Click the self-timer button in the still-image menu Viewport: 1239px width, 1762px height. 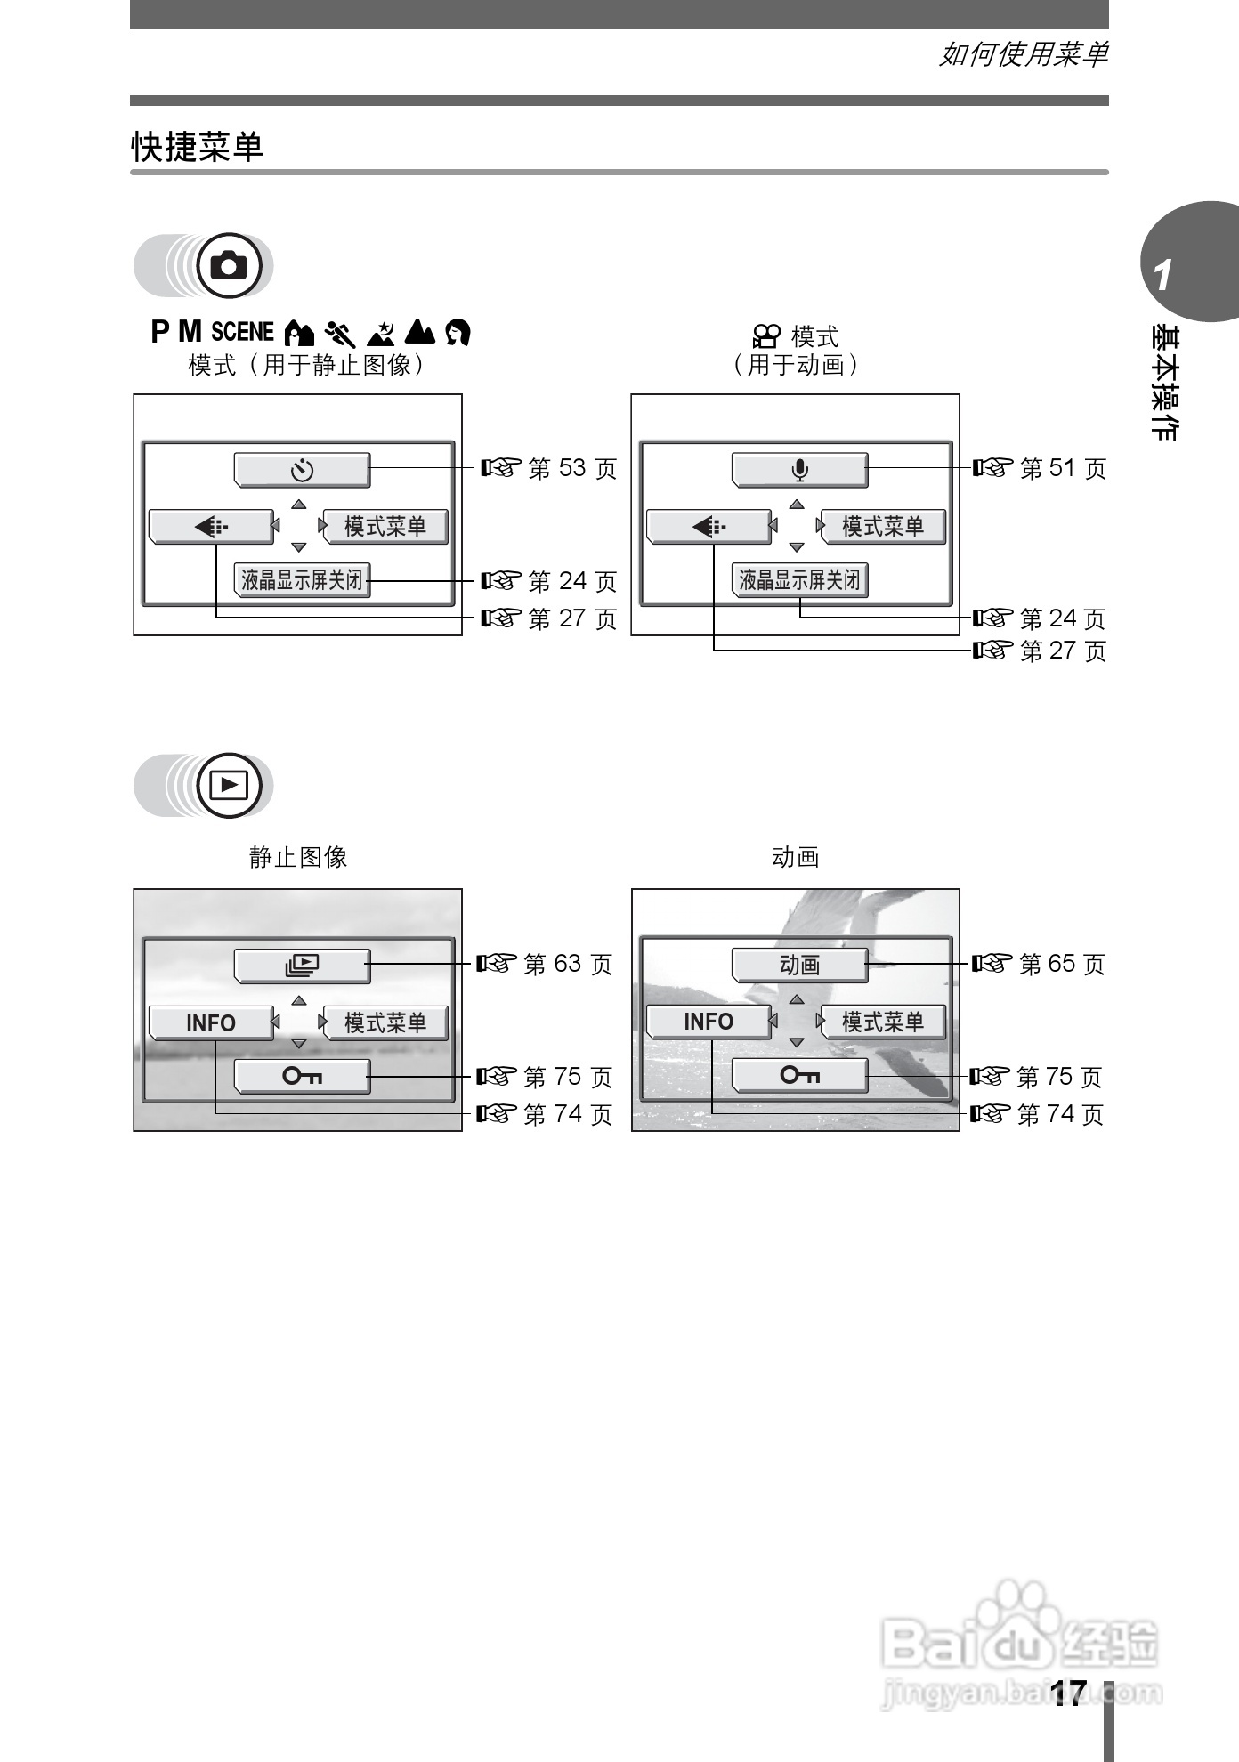coord(302,469)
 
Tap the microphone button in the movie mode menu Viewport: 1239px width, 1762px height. coord(799,469)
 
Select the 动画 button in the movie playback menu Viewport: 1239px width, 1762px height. coord(799,965)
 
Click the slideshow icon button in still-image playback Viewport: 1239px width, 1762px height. coord(302,965)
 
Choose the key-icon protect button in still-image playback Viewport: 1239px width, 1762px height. coord(302,1077)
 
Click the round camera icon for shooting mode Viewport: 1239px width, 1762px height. coord(230,265)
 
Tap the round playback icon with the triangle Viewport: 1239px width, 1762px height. coord(230,785)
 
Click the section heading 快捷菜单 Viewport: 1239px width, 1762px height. coord(198,147)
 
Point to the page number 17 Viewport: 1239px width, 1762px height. coord(1067,1693)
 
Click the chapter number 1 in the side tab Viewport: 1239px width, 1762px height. coord(1162,276)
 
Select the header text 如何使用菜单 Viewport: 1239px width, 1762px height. coord(1024,55)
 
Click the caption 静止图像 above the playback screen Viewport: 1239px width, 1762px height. coord(298,857)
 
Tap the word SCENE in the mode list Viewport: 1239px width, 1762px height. coord(242,332)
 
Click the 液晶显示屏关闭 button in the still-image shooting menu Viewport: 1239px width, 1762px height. coord(302,581)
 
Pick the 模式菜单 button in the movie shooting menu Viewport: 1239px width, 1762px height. coord(882,527)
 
